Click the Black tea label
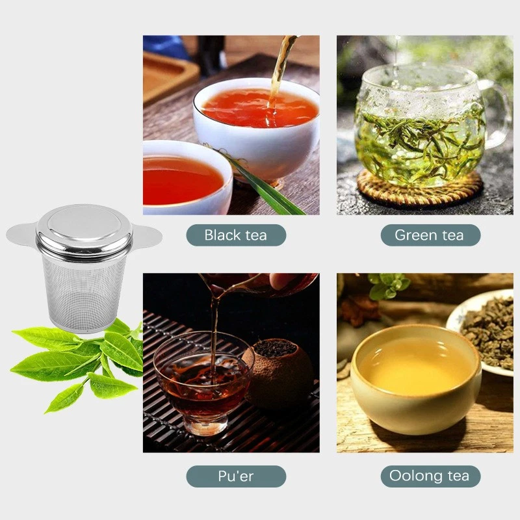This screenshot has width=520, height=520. [235, 235]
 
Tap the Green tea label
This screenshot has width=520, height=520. [430, 235]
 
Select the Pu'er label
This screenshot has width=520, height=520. [235, 476]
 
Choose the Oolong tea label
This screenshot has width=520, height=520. [430, 476]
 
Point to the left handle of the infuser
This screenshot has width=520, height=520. [22, 233]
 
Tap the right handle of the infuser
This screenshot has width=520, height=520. [146, 235]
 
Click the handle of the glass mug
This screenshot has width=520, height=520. [498, 114]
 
